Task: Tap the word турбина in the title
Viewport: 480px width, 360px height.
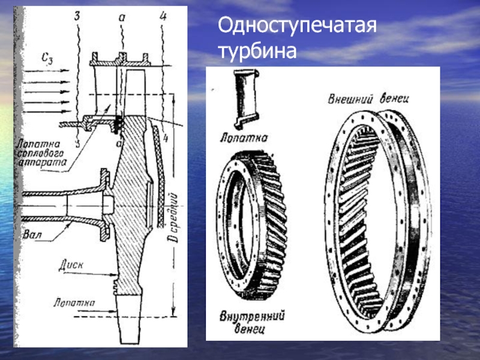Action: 258,51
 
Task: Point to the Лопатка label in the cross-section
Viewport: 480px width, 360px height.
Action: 73,302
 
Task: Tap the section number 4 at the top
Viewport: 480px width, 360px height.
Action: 163,16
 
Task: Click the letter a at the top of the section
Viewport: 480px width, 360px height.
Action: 121,19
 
